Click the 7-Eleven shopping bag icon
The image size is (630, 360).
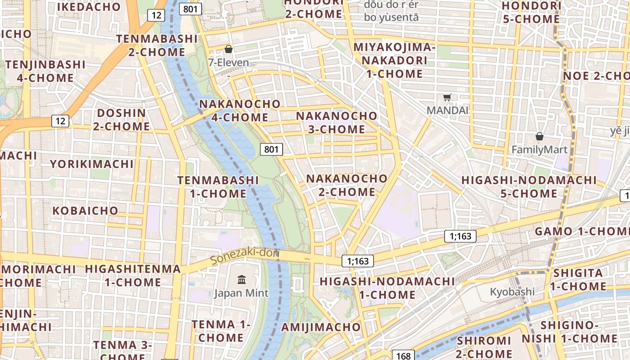point(228,49)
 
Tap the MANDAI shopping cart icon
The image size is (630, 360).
point(447,97)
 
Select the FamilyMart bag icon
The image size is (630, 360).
point(539,136)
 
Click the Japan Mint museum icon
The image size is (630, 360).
point(242,280)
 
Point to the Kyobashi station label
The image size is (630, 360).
point(512,292)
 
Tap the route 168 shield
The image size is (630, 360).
point(403,355)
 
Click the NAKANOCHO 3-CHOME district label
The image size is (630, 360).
point(337,122)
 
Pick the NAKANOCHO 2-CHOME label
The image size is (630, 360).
point(347,185)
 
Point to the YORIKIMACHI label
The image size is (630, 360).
point(92,164)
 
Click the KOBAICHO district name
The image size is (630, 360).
point(85,211)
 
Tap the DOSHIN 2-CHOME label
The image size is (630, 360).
point(121,120)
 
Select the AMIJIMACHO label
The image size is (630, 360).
point(321,327)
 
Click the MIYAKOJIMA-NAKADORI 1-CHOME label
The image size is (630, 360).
point(395,60)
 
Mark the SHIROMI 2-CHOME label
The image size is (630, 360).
point(484,347)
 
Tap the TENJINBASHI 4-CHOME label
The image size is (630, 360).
point(45,71)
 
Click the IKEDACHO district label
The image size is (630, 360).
point(89,7)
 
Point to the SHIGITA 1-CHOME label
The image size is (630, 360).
point(578,279)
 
